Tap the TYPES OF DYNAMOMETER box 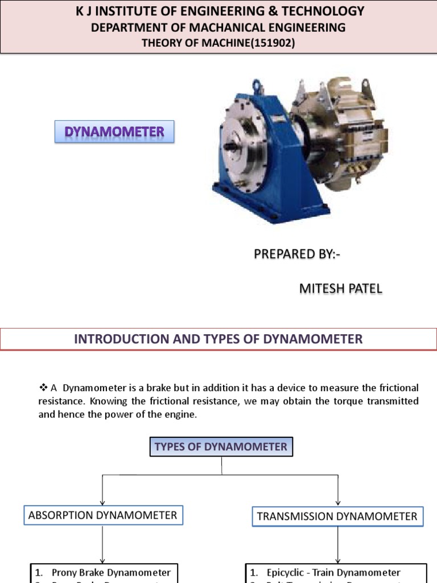(221, 446)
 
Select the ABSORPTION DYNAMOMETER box (103, 516)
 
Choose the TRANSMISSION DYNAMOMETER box (337, 516)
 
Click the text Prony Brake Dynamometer (111, 572)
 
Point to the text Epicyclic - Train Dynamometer (333, 572)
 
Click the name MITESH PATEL (341, 289)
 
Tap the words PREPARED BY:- (297, 254)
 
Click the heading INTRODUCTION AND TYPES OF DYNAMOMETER (218, 339)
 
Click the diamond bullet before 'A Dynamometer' (43, 388)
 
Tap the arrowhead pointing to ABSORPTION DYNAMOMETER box (102, 501)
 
